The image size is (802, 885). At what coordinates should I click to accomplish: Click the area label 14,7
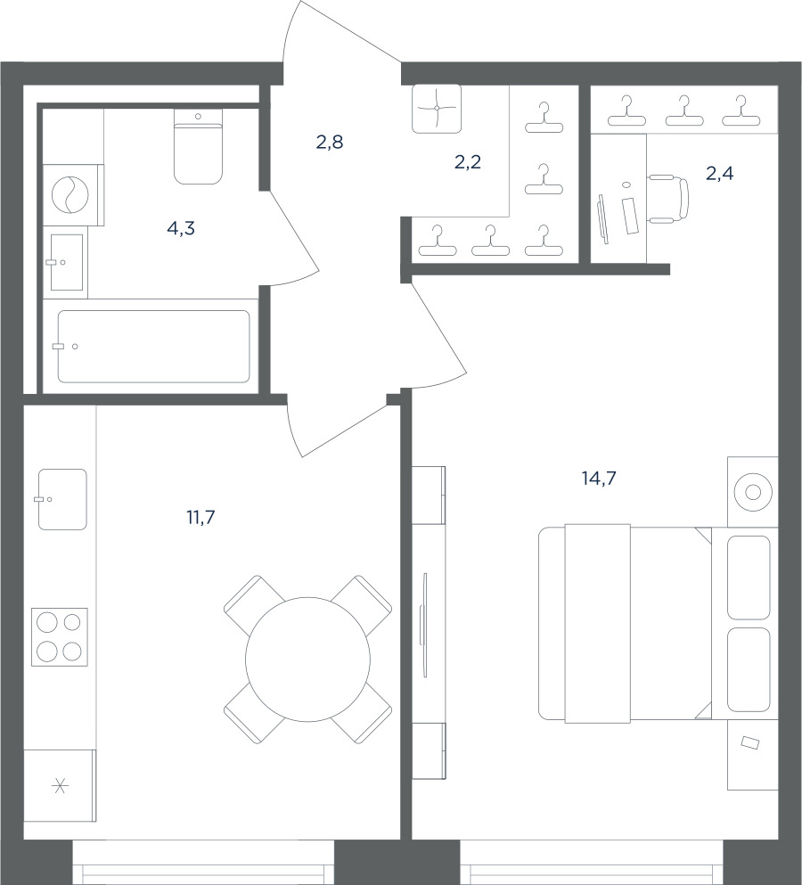tap(598, 479)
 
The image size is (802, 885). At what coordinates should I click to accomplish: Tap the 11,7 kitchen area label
tap(200, 516)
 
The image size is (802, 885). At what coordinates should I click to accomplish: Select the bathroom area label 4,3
tap(181, 228)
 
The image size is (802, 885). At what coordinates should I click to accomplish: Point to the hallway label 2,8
tap(329, 143)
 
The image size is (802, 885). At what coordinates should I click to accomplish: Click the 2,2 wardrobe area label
tap(467, 162)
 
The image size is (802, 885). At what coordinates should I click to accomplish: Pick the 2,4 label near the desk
tap(720, 173)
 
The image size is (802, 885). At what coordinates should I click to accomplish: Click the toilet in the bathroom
tap(198, 147)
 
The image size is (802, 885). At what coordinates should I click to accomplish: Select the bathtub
tap(153, 346)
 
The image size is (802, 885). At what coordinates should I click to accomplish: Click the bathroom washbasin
tap(67, 262)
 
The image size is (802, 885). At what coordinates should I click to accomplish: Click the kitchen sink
tap(62, 499)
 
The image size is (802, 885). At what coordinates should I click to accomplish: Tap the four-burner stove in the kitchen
tap(60, 636)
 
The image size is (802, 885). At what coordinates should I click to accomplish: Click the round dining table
tap(308, 660)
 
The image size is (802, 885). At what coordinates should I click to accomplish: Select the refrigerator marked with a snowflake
tap(60, 785)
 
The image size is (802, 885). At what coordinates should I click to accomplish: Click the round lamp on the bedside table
tap(753, 492)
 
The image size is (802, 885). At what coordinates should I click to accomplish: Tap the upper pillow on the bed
tap(749, 578)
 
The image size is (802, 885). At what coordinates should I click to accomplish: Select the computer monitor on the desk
tap(602, 219)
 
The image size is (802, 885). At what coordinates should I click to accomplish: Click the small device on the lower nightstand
tap(750, 742)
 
